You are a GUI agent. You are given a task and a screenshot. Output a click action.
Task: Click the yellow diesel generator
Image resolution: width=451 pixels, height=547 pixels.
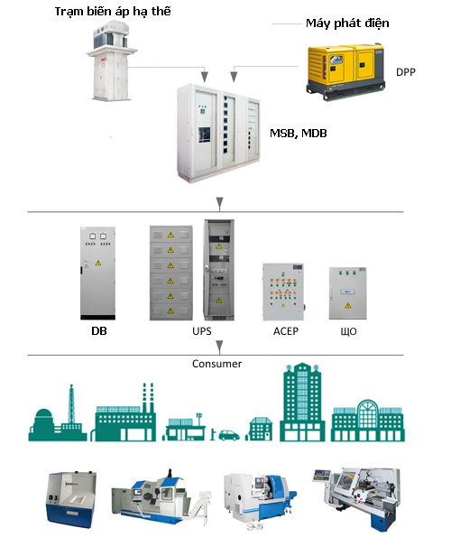(345, 72)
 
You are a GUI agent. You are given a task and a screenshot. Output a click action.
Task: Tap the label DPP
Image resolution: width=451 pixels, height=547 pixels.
(405, 72)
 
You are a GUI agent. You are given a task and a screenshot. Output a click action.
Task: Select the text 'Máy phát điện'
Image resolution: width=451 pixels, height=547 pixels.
(347, 23)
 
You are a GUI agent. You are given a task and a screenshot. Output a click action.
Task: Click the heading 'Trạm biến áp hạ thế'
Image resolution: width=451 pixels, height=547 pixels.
(113, 12)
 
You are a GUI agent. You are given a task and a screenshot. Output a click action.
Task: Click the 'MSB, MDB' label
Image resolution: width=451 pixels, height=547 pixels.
(299, 134)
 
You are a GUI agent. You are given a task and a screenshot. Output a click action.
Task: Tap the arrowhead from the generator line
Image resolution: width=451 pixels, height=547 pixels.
(234, 77)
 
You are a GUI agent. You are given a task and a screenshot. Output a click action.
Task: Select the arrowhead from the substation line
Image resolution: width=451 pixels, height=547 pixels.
(205, 77)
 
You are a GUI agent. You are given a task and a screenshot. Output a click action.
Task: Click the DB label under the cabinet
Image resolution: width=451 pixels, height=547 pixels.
(99, 331)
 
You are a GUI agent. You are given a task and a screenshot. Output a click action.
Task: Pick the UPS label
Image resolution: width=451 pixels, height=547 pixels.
(202, 331)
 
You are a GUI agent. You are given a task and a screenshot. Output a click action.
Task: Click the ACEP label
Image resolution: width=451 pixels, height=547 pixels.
(286, 331)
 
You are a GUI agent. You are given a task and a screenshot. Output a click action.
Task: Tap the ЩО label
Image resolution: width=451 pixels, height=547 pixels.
(348, 331)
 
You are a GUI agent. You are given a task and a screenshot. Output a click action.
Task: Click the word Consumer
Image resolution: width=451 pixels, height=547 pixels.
(216, 364)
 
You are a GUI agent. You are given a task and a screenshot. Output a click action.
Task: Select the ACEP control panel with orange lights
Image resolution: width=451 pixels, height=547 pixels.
(284, 292)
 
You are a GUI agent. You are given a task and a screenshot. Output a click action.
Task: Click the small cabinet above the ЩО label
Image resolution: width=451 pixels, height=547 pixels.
(348, 293)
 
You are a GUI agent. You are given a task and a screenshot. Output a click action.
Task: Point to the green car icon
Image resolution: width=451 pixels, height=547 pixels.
(228, 435)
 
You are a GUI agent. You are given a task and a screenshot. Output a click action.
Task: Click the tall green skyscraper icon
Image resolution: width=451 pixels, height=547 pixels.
(302, 402)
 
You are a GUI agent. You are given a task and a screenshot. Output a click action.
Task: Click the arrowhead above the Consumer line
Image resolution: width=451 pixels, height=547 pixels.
(219, 347)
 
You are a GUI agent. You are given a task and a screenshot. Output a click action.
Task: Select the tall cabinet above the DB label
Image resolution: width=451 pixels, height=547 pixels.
(98, 273)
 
